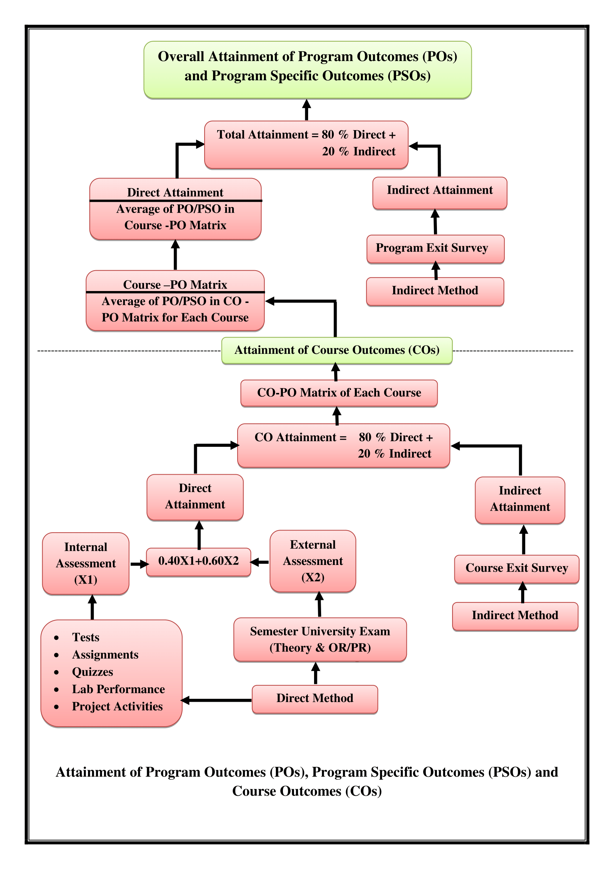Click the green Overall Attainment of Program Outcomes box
(x=307, y=70)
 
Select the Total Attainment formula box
(x=306, y=145)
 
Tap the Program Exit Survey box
(x=435, y=249)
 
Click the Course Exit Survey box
(x=516, y=569)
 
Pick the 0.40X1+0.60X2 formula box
(x=199, y=562)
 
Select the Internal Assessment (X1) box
(x=86, y=563)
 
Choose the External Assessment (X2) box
(x=313, y=561)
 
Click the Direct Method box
(x=314, y=699)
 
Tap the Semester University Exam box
(x=320, y=640)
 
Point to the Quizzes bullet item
(x=93, y=672)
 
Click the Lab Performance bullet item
(x=118, y=689)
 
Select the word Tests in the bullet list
(x=86, y=637)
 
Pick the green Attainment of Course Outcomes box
(x=336, y=350)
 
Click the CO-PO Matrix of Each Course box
(x=339, y=393)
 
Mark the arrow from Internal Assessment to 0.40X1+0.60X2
(x=139, y=564)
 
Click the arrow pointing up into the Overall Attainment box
(x=307, y=110)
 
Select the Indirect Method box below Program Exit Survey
(x=435, y=291)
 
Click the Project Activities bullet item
(x=117, y=707)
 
